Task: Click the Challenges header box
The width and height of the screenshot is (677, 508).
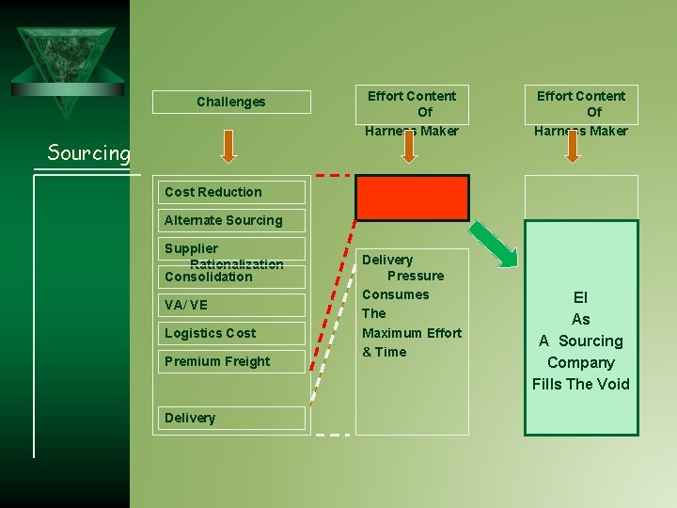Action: click(231, 102)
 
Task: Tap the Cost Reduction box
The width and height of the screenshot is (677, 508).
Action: click(231, 192)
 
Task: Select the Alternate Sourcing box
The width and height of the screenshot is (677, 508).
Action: click(231, 220)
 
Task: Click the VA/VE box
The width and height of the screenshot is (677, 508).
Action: click(231, 305)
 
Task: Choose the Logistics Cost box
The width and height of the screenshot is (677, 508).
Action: click(231, 333)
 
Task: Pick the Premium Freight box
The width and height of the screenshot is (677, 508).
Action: click(231, 361)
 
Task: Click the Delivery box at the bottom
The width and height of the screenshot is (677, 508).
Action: click(231, 418)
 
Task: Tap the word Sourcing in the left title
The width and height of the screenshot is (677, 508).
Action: click(88, 152)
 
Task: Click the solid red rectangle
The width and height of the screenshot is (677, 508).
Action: click(411, 198)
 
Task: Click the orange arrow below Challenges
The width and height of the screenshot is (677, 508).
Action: click(231, 144)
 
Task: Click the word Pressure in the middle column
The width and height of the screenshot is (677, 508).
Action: click(416, 276)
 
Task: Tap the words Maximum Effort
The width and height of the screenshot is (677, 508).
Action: click(412, 333)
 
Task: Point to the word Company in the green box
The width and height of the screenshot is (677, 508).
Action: click(580, 362)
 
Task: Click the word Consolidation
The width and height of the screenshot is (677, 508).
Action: click(208, 278)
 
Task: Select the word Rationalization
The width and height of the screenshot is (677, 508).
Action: click(236, 264)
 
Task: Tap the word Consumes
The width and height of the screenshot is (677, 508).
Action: click(395, 294)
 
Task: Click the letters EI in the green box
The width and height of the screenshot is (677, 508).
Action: click(580, 297)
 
